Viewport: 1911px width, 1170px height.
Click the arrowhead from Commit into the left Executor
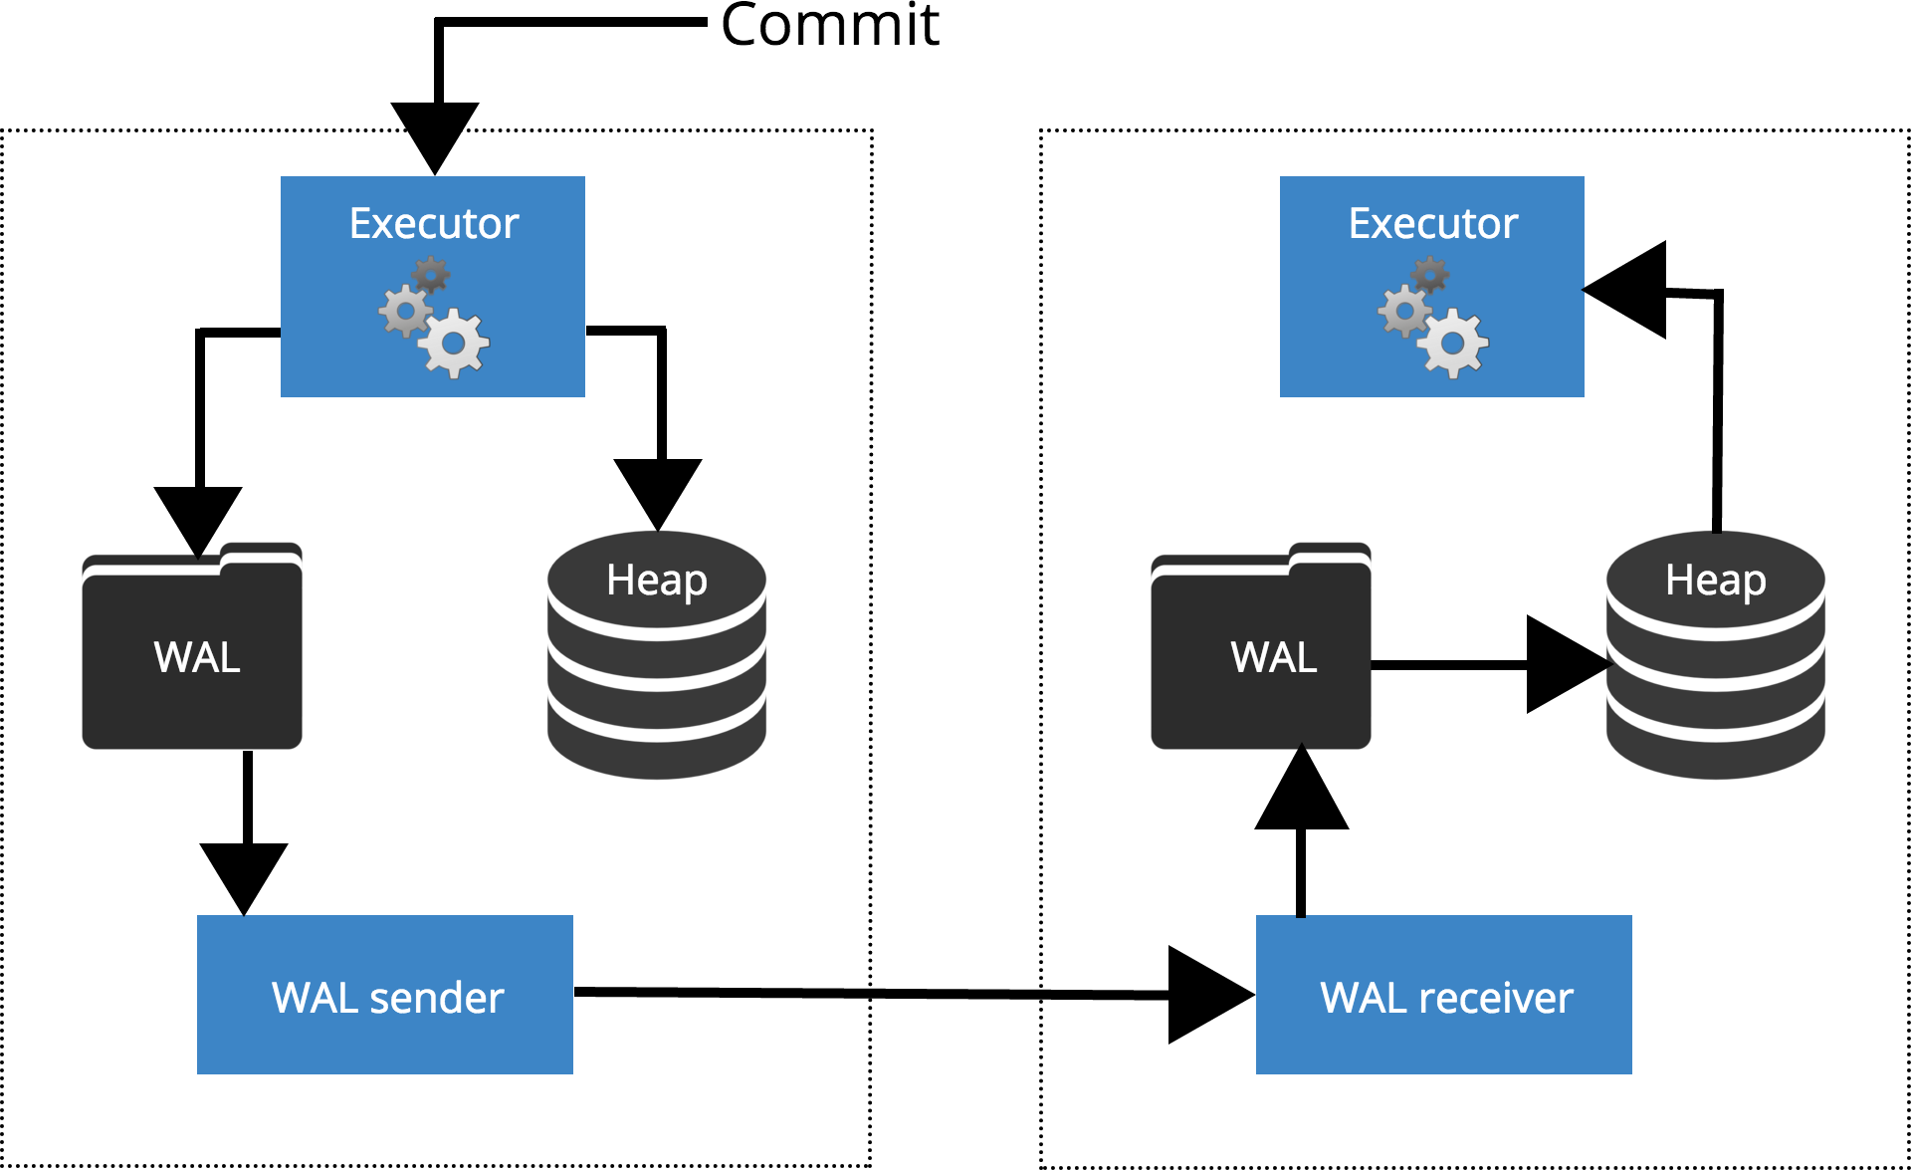(x=435, y=134)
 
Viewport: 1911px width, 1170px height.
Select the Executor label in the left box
(x=434, y=223)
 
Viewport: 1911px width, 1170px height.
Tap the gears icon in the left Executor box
(x=435, y=318)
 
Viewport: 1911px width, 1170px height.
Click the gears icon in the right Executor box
(x=1433, y=318)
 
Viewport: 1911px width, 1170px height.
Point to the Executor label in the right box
(x=1433, y=223)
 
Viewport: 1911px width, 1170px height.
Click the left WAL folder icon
(x=192, y=647)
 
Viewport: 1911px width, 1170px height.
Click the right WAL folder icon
(x=1261, y=647)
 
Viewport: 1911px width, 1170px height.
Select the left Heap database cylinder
(x=657, y=657)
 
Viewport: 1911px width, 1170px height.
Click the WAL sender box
(x=385, y=995)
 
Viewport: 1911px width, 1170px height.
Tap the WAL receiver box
(x=1444, y=995)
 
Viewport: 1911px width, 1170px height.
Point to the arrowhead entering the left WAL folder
(x=198, y=518)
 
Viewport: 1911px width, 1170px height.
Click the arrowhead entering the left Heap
(x=658, y=490)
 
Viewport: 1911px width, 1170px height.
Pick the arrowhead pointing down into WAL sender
(x=244, y=874)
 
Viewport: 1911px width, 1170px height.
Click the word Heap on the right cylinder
(x=1716, y=580)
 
